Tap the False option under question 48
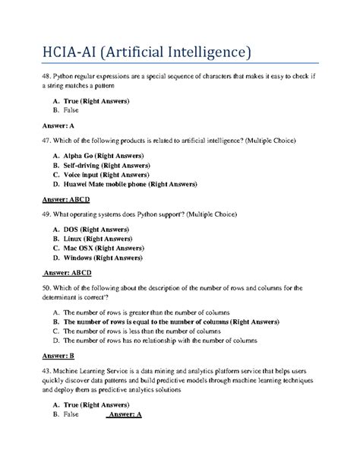click(x=73, y=110)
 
